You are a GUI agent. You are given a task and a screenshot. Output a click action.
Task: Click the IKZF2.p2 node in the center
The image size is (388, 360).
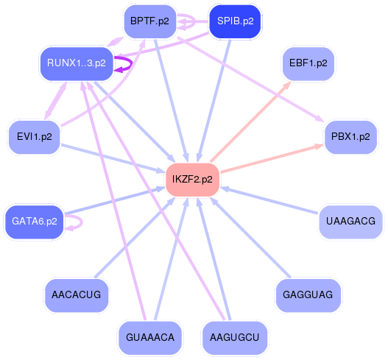coord(192,179)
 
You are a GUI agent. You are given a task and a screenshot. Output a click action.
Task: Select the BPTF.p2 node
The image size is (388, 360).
coord(149,21)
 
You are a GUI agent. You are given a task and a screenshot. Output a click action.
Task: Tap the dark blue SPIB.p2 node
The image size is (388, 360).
coord(236,21)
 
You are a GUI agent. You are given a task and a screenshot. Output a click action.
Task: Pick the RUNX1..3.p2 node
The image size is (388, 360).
coord(76,63)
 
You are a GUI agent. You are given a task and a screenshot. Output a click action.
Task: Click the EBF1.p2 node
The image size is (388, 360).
coord(308,63)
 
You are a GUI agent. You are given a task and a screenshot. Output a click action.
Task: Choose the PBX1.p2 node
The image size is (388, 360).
coord(350,136)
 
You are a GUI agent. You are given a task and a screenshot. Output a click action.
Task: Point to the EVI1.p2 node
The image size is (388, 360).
coord(34,136)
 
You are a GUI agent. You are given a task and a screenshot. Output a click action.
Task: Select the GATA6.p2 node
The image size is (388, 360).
coord(34,221)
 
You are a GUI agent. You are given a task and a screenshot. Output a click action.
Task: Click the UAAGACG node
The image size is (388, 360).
coord(350,221)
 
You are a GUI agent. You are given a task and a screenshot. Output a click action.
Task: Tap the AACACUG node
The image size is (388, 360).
coord(77,294)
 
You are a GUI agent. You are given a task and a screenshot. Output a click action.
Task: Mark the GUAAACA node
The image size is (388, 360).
coord(150,338)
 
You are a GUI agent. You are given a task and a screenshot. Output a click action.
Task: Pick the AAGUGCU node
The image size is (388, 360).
coord(234,338)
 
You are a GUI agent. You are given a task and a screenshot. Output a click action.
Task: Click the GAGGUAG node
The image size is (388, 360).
coord(308,294)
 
